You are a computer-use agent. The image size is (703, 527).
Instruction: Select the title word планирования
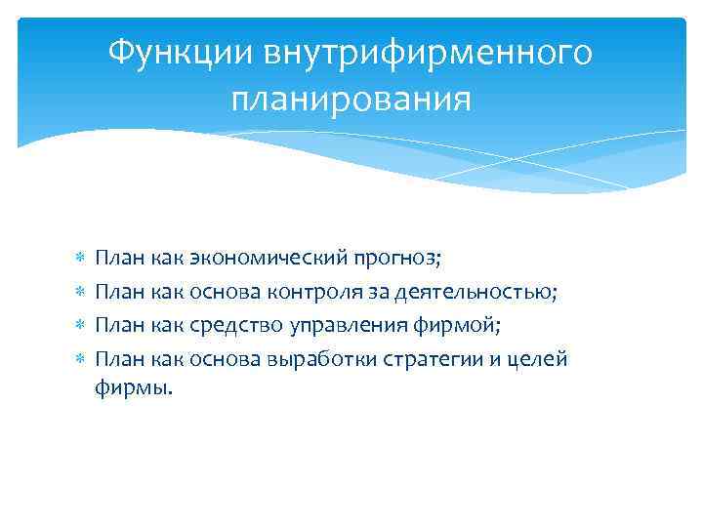pos(351,99)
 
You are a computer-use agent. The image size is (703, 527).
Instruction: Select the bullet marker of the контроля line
pos(81,293)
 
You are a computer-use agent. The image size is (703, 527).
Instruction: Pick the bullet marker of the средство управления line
pos(81,325)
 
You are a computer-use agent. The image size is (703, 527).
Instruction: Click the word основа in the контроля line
pos(221,292)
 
